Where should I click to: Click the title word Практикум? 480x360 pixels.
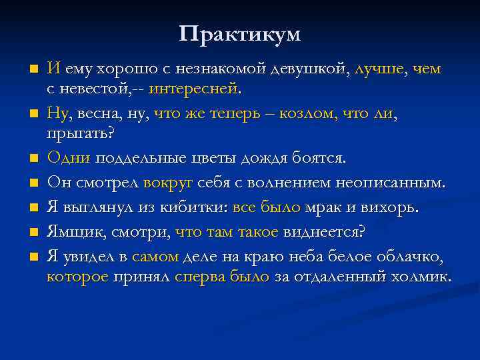tap(240, 33)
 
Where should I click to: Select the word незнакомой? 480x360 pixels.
tap(223, 69)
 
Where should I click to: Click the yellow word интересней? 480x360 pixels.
tap(193, 87)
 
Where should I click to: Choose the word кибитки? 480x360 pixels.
tap(193, 207)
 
